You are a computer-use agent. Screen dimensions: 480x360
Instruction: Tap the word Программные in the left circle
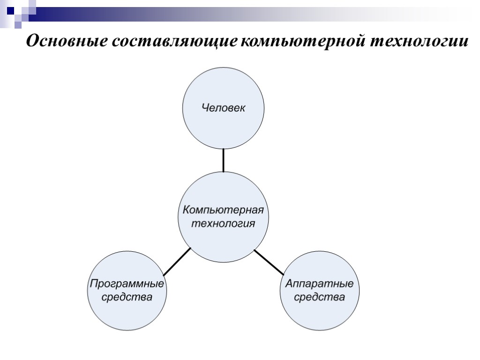click(x=127, y=284)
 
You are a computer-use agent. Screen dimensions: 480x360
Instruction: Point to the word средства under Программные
click(x=127, y=297)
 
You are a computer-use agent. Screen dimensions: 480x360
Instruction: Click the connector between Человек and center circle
click(x=223, y=160)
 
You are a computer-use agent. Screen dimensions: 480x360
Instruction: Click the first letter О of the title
click(x=32, y=41)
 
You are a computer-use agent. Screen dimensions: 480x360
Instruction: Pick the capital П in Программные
click(x=93, y=284)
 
